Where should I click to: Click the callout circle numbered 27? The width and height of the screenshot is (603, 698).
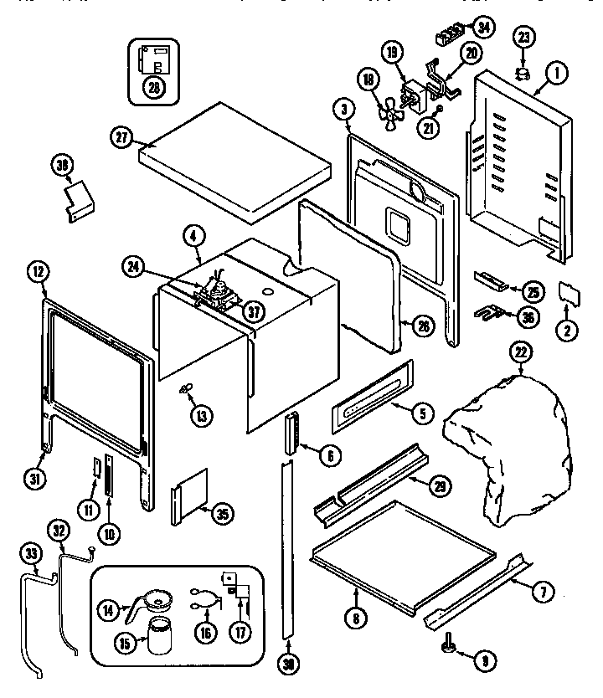point(121,139)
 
